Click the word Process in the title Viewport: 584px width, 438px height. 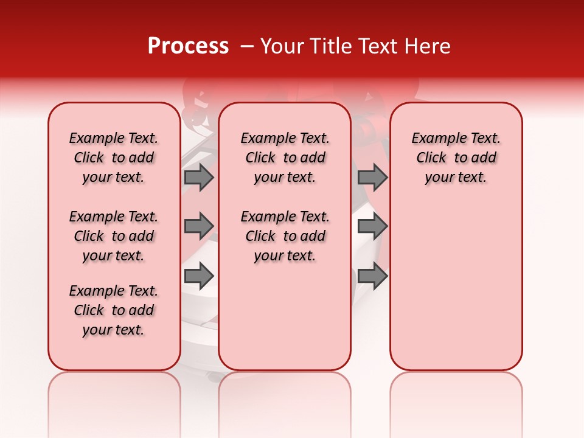tap(188, 46)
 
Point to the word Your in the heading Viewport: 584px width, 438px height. tap(282, 46)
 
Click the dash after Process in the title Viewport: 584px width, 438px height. tap(247, 47)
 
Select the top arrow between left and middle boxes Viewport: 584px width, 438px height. tap(199, 178)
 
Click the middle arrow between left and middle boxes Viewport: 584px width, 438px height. tap(199, 226)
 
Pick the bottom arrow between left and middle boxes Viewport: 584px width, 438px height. tap(199, 276)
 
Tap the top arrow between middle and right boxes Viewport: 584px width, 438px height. tap(372, 178)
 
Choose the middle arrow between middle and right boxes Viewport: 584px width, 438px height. tap(372, 226)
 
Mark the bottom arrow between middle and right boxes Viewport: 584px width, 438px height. tap(372, 276)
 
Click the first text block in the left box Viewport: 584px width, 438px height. tap(114, 158)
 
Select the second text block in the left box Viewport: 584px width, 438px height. tap(114, 236)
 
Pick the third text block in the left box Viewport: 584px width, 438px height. tap(114, 310)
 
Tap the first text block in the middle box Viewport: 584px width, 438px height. tap(285, 158)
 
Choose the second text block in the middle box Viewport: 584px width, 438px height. tap(285, 236)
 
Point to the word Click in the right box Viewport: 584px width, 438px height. tap(431, 158)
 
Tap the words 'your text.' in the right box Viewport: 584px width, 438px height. tap(456, 178)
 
